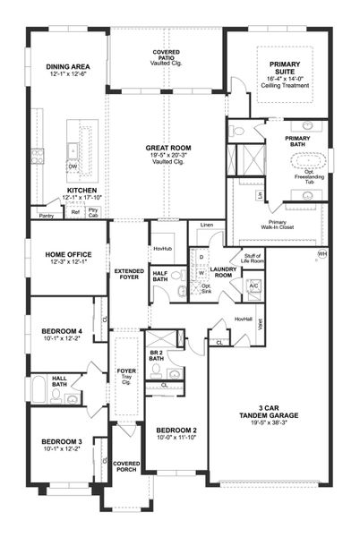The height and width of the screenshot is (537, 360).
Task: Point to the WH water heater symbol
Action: [322, 254]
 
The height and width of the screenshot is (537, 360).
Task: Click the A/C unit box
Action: [254, 286]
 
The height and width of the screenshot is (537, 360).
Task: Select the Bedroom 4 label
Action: [62, 333]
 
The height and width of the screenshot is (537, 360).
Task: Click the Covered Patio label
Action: [166, 56]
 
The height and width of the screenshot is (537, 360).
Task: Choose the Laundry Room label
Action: [223, 271]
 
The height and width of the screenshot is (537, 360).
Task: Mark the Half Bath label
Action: [161, 278]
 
